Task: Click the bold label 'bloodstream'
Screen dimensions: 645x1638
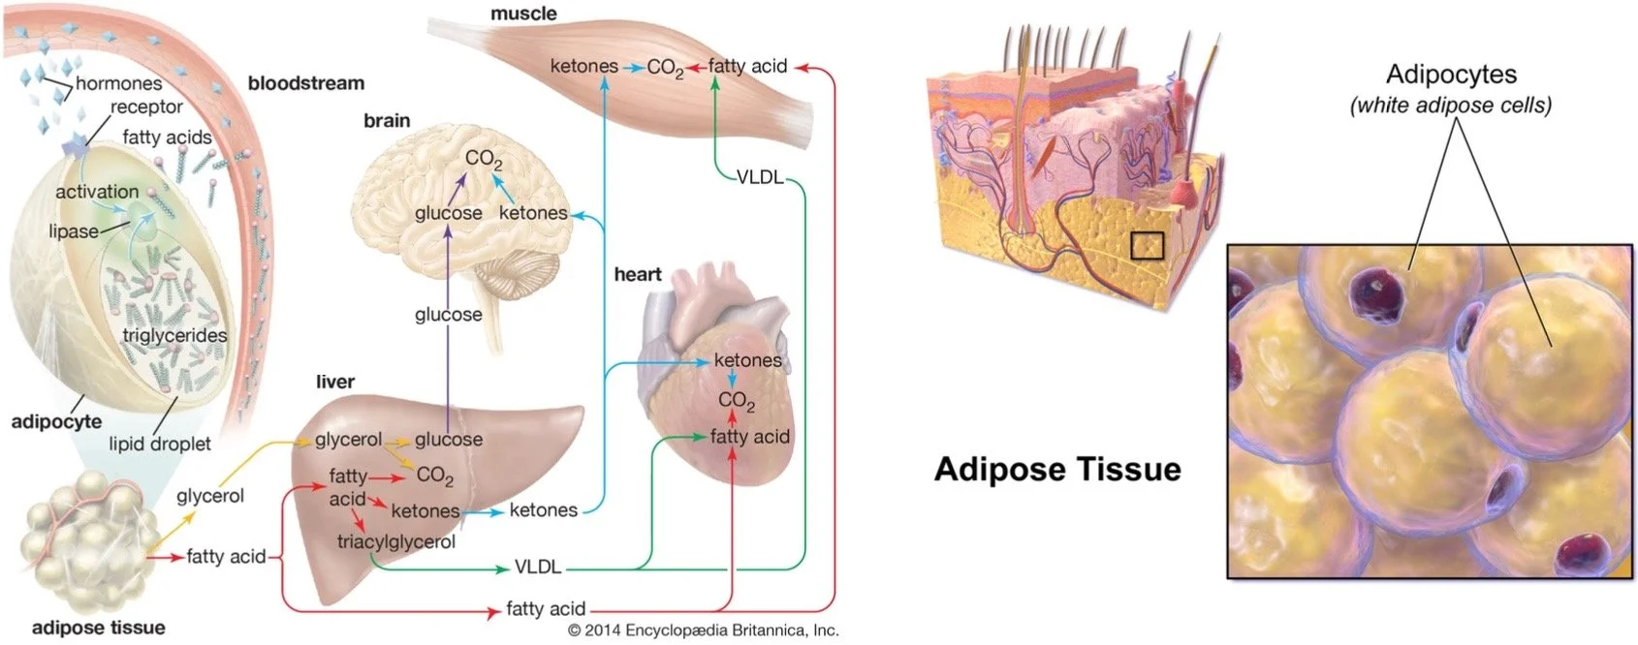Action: coord(305,83)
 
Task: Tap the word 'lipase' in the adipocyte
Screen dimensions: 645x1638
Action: coord(74,231)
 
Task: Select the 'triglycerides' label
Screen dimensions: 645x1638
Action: coord(174,335)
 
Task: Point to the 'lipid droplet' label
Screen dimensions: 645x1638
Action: coord(159,444)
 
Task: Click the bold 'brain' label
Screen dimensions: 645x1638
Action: coord(387,121)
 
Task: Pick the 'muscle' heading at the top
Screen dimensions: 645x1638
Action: coord(523,14)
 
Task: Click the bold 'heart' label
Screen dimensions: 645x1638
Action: coord(637,274)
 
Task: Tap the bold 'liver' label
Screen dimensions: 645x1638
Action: coord(334,382)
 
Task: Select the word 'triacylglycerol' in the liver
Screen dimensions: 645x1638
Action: coord(395,541)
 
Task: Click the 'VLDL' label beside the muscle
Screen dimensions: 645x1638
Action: coord(759,177)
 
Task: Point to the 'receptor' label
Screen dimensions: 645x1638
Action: coord(146,107)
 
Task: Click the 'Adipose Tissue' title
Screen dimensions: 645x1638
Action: coord(1057,470)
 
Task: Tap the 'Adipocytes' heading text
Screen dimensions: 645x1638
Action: coord(1451,75)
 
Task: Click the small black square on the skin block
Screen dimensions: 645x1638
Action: coord(1147,245)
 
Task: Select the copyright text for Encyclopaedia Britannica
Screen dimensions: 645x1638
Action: coord(703,630)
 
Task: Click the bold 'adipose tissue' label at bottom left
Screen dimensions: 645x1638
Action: coord(98,628)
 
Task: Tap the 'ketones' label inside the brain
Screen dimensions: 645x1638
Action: coord(533,213)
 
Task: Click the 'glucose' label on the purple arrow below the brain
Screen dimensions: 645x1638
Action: coord(448,315)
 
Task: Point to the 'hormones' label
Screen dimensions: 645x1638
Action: coord(118,83)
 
